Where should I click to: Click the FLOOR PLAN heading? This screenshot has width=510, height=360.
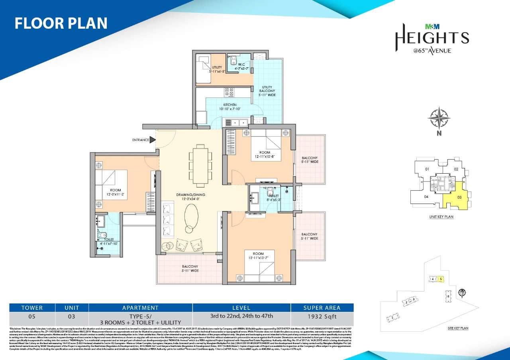pyautogui.click(x=61, y=23)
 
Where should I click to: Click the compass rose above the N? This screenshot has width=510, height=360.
pyautogui.click(x=439, y=118)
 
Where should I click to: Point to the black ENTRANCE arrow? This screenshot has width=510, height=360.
pyautogui.click(x=152, y=140)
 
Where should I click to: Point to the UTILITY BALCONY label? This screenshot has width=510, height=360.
pyautogui.click(x=267, y=91)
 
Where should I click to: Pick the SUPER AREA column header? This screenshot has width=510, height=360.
pyautogui.click(x=322, y=307)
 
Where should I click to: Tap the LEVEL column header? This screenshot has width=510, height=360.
pyautogui.click(x=241, y=307)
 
